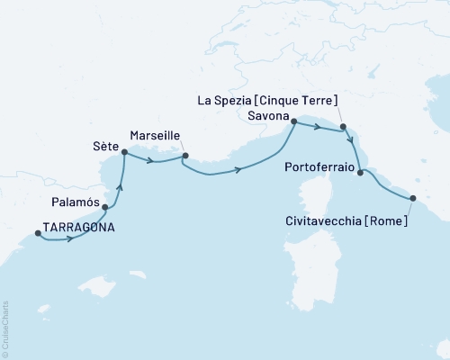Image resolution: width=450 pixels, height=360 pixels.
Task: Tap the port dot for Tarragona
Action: click(38, 234)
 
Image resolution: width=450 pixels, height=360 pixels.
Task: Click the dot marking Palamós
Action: click(106, 208)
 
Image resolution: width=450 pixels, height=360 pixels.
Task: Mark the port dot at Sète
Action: click(124, 152)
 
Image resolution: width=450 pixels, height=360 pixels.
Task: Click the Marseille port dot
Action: click(184, 156)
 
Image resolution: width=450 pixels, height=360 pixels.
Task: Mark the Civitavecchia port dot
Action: click(413, 199)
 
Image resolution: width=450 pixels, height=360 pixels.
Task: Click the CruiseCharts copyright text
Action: click(6, 328)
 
